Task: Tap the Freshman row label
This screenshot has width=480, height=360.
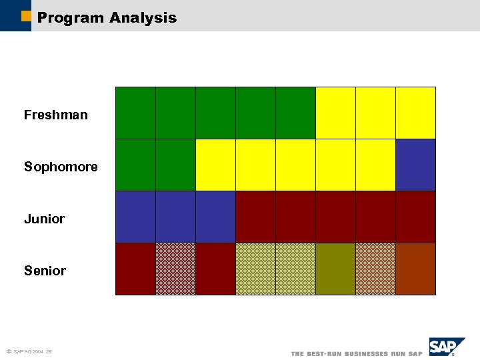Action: (x=55, y=115)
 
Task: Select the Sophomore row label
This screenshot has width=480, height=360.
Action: (x=61, y=167)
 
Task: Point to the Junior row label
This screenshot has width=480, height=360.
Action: (x=44, y=219)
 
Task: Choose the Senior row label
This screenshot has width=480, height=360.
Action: (x=45, y=271)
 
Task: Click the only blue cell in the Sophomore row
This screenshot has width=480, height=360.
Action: (x=415, y=165)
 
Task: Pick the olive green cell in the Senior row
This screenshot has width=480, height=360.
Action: (x=335, y=269)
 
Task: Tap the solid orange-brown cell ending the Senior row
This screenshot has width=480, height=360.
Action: (x=415, y=269)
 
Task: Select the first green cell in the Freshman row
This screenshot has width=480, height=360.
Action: (x=135, y=113)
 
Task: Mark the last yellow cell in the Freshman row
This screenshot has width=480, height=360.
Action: (x=415, y=113)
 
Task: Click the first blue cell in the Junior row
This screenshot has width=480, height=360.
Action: (x=135, y=217)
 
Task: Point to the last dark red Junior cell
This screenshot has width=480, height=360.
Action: (x=415, y=217)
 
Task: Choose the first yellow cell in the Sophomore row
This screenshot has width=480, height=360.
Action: (x=215, y=165)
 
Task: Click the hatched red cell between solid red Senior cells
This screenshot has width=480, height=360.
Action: (x=175, y=269)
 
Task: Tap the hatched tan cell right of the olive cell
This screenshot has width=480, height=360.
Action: (x=375, y=269)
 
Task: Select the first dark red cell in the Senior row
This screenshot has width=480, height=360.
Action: (x=135, y=269)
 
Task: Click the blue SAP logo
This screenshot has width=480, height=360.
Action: (x=446, y=347)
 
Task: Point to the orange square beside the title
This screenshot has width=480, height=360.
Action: (x=26, y=16)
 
